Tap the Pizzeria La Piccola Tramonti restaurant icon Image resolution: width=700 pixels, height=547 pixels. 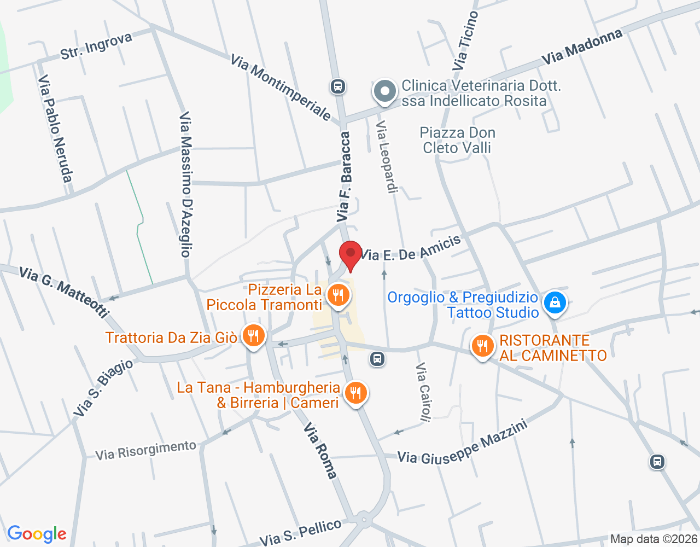click(x=338, y=296)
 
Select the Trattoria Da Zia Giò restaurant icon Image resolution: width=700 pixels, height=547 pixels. click(x=253, y=336)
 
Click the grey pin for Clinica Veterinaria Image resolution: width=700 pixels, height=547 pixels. click(x=385, y=91)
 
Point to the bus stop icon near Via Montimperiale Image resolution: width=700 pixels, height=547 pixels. click(x=337, y=86)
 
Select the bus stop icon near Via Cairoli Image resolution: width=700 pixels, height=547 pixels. click(x=377, y=359)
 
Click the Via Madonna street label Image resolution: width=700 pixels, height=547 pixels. click(x=582, y=47)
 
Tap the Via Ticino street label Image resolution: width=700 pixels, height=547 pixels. click(x=465, y=41)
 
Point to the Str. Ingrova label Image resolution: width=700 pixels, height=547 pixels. click(x=96, y=46)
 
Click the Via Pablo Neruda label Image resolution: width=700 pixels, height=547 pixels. click(x=55, y=129)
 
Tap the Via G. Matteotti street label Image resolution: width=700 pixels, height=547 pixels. click(x=63, y=292)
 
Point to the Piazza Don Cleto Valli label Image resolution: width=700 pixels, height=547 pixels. click(x=457, y=140)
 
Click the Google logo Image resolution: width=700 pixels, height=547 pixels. click(x=37, y=534)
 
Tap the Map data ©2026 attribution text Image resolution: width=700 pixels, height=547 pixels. click(x=654, y=539)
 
